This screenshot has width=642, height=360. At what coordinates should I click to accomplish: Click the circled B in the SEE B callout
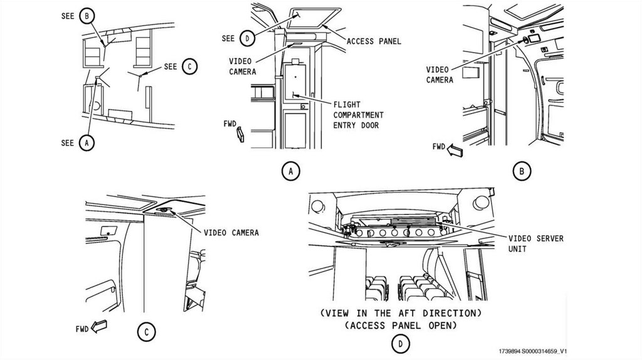pos(88,14)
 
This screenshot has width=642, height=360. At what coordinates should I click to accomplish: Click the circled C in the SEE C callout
pos(189,66)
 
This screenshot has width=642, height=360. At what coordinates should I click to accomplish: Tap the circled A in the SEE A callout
pos(88,143)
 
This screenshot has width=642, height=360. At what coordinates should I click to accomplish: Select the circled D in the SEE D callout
pos(247,38)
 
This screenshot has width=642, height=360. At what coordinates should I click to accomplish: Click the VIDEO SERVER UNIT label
pos(535,243)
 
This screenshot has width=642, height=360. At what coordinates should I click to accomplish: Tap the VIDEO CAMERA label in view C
pos(231,233)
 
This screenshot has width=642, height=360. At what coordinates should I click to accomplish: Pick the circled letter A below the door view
pos(290,171)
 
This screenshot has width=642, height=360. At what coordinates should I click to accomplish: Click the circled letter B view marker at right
pos(521,170)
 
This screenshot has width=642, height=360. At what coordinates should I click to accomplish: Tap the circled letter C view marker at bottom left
pos(145,332)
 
